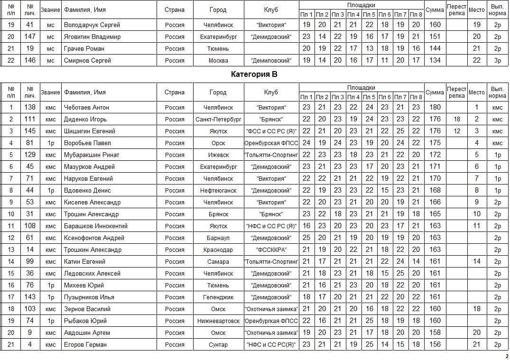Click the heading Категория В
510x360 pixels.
pos(254,74)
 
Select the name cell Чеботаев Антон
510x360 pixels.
pos(86,107)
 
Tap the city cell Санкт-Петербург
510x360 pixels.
pos(218,119)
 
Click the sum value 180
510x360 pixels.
pos(435,107)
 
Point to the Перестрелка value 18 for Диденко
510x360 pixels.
pos(457,119)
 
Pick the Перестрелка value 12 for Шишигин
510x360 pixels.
pos(457,131)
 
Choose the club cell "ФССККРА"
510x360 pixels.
pos(271,249)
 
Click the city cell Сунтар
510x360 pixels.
pos(218,344)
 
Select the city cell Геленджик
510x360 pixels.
pos(218,297)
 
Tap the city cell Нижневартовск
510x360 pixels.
pos(218,321)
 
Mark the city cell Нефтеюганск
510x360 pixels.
pos(218,190)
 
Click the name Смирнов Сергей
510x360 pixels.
pos(87,60)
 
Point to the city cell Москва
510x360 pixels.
pos(218,60)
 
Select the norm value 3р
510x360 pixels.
pos(497,60)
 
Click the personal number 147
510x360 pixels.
pos(30,37)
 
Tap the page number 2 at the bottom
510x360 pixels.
pos(506,356)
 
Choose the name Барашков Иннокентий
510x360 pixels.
pos(95,226)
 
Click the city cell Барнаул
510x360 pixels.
pos(218,238)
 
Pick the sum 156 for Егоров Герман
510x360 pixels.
pos(435,344)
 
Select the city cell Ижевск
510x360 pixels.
pos(218,155)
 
